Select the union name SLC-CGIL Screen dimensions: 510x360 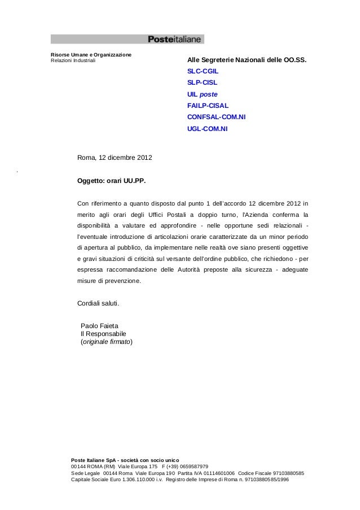point(203,72)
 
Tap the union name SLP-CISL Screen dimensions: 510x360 point(201,83)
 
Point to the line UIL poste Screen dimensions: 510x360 point(202,94)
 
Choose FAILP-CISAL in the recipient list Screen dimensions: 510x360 point(208,106)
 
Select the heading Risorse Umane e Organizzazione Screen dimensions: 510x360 point(91,54)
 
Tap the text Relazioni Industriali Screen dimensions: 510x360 point(73,60)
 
